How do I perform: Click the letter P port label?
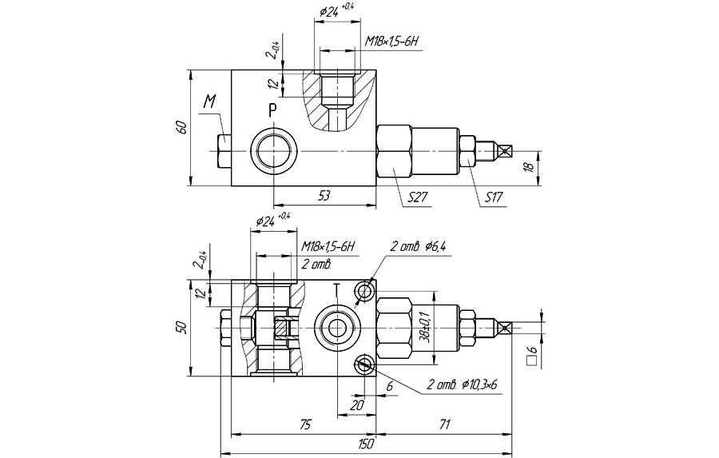[273, 110]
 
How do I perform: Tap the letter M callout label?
[209, 102]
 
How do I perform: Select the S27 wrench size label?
[418, 197]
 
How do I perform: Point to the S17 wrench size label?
[494, 197]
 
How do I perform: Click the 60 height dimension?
[181, 127]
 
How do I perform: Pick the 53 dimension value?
[324, 196]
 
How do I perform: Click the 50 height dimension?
[181, 327]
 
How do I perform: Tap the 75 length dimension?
[304, 424]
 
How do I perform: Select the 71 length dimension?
[443, 424]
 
